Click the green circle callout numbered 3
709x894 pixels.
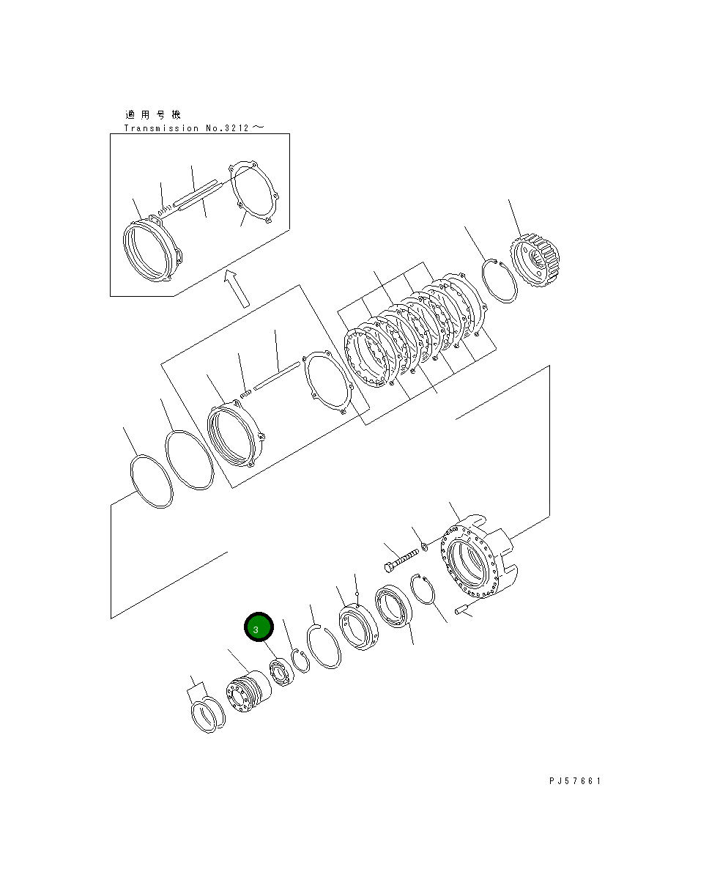pyautogui.click(x=259, y=628)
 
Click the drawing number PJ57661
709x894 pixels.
pyautogui.click(x=575, y=781)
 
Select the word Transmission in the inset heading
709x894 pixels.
pyautogui.click(x=160, y=128)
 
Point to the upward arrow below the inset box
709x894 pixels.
pyautogui.click(x=237, y=287)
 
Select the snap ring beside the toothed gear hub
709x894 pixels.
pyautogui.click(x=500, y=280)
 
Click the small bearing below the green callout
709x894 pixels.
pyautogui.click(x=280, y=672)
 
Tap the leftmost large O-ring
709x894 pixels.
pyautogui.click(x=152, y=481)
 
